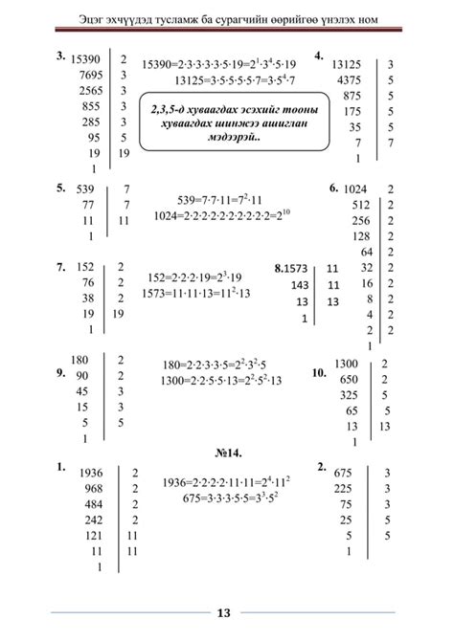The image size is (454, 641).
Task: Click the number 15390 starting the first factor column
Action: coord(88,59)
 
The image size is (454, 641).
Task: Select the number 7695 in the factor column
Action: coord(91,75)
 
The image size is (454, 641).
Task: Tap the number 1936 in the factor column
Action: coord(91,473)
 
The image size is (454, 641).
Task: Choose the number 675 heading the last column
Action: coord(344,473)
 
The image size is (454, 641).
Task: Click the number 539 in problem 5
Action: coord(85,189)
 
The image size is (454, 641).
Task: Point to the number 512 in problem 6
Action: coord(360,205)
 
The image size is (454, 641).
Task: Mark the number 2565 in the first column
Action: coord(91,90)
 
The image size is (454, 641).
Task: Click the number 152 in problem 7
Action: coord(84,267)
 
